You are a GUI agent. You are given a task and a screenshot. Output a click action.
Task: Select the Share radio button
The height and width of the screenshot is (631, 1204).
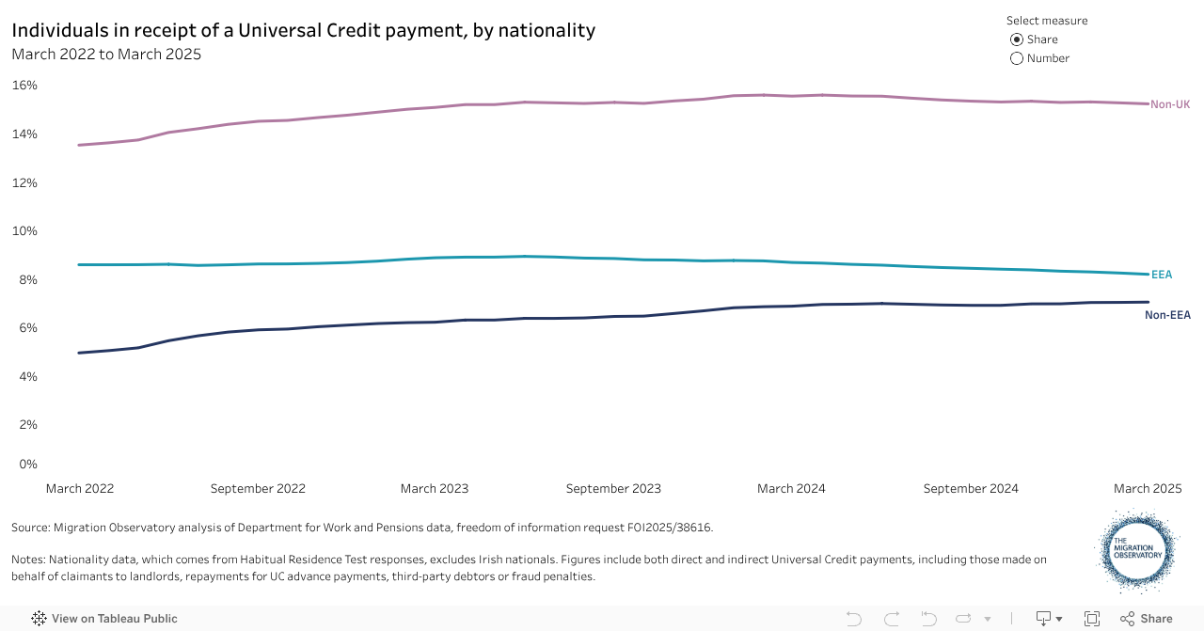click(x=1017, y=39)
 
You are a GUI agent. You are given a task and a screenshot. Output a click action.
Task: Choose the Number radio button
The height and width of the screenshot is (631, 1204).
click(x=1017, y=58)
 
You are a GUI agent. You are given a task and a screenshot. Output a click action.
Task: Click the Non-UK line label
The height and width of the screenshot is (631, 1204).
click(x=1170, y=104)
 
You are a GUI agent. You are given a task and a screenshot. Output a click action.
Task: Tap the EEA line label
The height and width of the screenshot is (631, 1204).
click(x=1162, y=275)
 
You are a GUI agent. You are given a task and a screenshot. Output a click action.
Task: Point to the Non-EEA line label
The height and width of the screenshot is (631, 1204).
click(x=1167, y=315)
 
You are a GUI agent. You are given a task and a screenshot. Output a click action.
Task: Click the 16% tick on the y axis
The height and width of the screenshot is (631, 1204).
click(x=24, y=86)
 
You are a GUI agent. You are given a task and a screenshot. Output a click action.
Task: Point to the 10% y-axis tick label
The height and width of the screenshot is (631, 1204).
click(x=24, y=231)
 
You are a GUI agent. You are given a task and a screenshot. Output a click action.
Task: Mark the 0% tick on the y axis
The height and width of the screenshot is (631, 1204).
click(x=28, y=464)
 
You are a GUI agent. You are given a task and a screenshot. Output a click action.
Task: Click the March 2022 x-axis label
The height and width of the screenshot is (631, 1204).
click(x=80, y=489)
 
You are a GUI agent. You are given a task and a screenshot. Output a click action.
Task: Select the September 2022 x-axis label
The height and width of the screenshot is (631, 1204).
click(x=258, y=489)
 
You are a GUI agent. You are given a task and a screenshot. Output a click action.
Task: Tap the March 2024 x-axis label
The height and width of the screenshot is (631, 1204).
click(x=791, y=489)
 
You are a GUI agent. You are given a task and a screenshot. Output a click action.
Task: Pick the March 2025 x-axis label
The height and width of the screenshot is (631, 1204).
click(x=1148, y=489)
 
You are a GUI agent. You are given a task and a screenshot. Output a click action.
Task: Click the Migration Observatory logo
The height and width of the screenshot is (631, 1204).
click(x=1137, y=551)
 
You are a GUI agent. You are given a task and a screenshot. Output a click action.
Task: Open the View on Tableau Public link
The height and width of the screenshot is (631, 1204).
click(x=104, y=619)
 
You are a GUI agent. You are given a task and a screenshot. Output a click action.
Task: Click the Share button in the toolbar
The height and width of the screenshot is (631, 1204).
click(x=1147, y=619)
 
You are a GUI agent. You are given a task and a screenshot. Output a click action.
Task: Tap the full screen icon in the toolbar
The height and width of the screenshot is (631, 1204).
click(x=1092, y=619)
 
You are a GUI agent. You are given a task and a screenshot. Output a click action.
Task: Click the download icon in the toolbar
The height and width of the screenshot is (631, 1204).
click(x=1044, y=619)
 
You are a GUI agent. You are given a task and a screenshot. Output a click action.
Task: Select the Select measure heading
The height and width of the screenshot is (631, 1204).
click(x=1047, y=21)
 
